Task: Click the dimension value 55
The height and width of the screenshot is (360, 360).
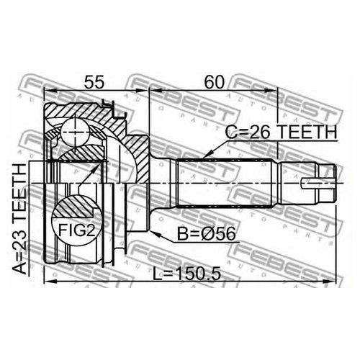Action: tap(94, 81)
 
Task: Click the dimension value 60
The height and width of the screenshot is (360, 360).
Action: tap(214, 81)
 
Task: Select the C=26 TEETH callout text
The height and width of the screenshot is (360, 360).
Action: tap(282, 132)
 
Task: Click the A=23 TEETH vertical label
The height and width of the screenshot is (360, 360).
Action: tap(19, 219)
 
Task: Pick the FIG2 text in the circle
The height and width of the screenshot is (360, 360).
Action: tap(77, 230)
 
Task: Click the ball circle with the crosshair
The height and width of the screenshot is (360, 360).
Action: tap(75, 132)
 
